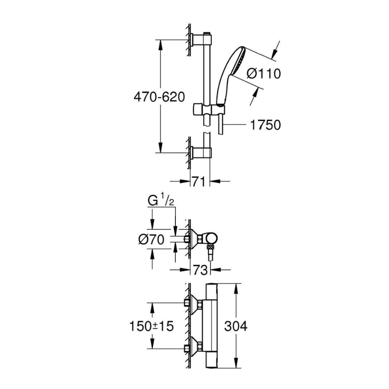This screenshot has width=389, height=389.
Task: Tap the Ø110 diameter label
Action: pyautogui.click(x=264, y=73)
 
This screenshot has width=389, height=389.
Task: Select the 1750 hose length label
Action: pyautogui.click(x=266, y=125)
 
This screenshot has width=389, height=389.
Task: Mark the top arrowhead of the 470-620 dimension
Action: pyautogui.click(x=160, y=43)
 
